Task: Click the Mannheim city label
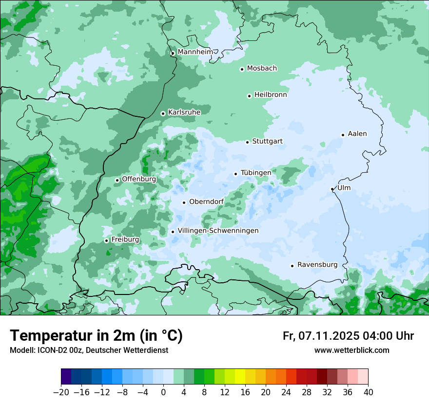[x=195, y=52]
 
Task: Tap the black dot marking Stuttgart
[x=247, y=142]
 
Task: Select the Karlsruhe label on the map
[x=184, y=112]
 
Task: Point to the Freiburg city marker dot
[x=106, y=240]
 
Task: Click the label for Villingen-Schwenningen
[x=218, y=231]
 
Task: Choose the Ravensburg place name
[x=317, y=265]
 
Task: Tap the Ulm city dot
[x=332, y=189]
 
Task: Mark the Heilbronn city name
[x=270, y=95]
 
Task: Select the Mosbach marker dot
[x=242, y=69]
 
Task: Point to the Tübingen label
[x=255, y=173]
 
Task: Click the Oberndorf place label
[x=206, y=202]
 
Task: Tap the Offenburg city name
[x=138, y=179]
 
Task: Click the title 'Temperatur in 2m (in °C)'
[x=96, y=336]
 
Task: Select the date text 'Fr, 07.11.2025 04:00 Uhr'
[x=348, y=336]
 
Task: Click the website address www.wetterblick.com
[x=351, y=350]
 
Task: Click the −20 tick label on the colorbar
[x=61, y=392]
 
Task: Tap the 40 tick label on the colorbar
[x=368, y=392]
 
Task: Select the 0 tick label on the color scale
[x=163, y=392]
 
